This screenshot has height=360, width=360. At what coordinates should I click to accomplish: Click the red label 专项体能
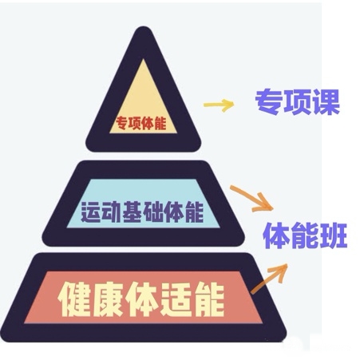tap(140, 123)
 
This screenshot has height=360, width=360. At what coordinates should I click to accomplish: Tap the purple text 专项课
tap(298, 102)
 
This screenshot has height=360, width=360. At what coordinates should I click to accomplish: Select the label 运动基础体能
tap(142, 212)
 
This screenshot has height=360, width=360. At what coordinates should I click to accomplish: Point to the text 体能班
tap(305, 235)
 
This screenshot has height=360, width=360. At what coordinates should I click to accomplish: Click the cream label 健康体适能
tap(141, 299)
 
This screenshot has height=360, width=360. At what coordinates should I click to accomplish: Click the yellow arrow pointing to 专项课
tap(219, 105)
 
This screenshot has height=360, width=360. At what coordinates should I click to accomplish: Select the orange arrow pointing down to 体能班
tap(251, 199)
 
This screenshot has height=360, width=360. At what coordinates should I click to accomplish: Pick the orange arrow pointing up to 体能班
tap(269, 279)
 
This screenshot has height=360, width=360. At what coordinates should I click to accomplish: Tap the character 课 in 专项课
tap(326, 102)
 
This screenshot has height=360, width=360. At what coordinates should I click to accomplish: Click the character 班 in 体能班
tap(334, 235)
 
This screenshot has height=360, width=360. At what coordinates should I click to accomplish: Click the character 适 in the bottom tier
tap(175, 299)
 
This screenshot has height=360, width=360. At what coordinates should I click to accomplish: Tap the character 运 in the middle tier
tap(90, 212)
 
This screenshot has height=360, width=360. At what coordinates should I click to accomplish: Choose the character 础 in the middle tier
tap(152, 212)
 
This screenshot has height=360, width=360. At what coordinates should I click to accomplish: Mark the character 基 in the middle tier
tap(132, 212)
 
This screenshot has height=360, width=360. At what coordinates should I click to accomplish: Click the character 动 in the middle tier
tap(111, 212)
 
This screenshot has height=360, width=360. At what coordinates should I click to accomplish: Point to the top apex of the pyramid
tap(144, 26)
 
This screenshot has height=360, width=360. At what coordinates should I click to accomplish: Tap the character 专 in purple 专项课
tap(268, 102)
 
